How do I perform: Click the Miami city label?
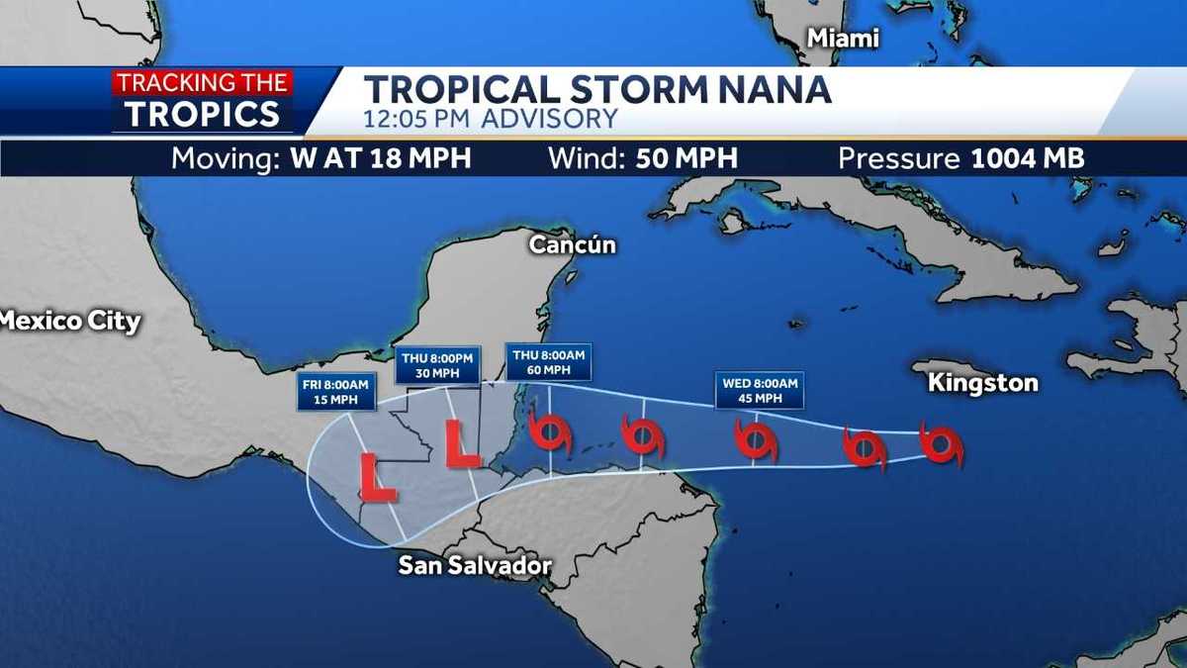(843, 39)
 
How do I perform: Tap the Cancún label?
(573, 244)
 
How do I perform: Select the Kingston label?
(983, 383)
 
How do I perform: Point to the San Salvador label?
(474, 566)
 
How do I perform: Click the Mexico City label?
(69, 322)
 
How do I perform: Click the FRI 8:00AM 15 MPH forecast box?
(336, 393)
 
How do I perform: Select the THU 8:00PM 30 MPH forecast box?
(438, 365)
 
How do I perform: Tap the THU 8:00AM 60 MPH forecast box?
(548, 362)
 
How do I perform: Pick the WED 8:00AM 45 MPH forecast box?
(760, 390)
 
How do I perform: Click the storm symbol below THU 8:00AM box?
(549, 431)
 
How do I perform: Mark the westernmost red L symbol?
(377, 477)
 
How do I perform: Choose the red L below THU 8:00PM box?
(461, 444)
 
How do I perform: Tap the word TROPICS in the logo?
(202, 115)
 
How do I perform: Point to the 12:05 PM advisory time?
(420, 120)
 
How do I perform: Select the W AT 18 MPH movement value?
(381, 158)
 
